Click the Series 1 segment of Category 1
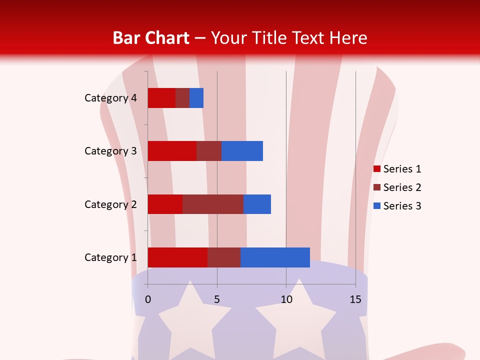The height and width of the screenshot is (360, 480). click(x=177, y=257)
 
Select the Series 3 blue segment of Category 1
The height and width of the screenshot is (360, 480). click(x=275, y=257)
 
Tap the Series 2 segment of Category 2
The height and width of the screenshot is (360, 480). click(x=212, y=204)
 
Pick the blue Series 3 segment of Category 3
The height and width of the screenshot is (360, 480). click(x=242, y=151)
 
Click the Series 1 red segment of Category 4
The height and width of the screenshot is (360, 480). click(x=161, y=98)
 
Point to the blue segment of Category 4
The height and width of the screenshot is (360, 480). click(x=196, y=98)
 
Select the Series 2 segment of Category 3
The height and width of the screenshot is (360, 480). click(x=208, y=151)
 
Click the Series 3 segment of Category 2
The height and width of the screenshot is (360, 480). click(x=257, y=204)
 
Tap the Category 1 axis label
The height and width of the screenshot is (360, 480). click(x=110, y=257)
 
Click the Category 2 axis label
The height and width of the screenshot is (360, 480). click(x=110, y=204)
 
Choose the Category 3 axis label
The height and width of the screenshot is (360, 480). click(x=110, y=151)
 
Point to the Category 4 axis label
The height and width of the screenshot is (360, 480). click(x=110, y=98)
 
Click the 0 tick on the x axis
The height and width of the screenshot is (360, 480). click(x=148, y=299)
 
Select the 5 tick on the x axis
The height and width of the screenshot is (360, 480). click(x=217, y=299)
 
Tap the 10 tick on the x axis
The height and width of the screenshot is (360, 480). click(x=286, y=299)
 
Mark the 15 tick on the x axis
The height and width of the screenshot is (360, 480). click(x=355, y=299)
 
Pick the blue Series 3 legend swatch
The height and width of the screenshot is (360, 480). click(x=377, y=206)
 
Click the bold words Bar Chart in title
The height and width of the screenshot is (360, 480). click(x=150, y=38)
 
